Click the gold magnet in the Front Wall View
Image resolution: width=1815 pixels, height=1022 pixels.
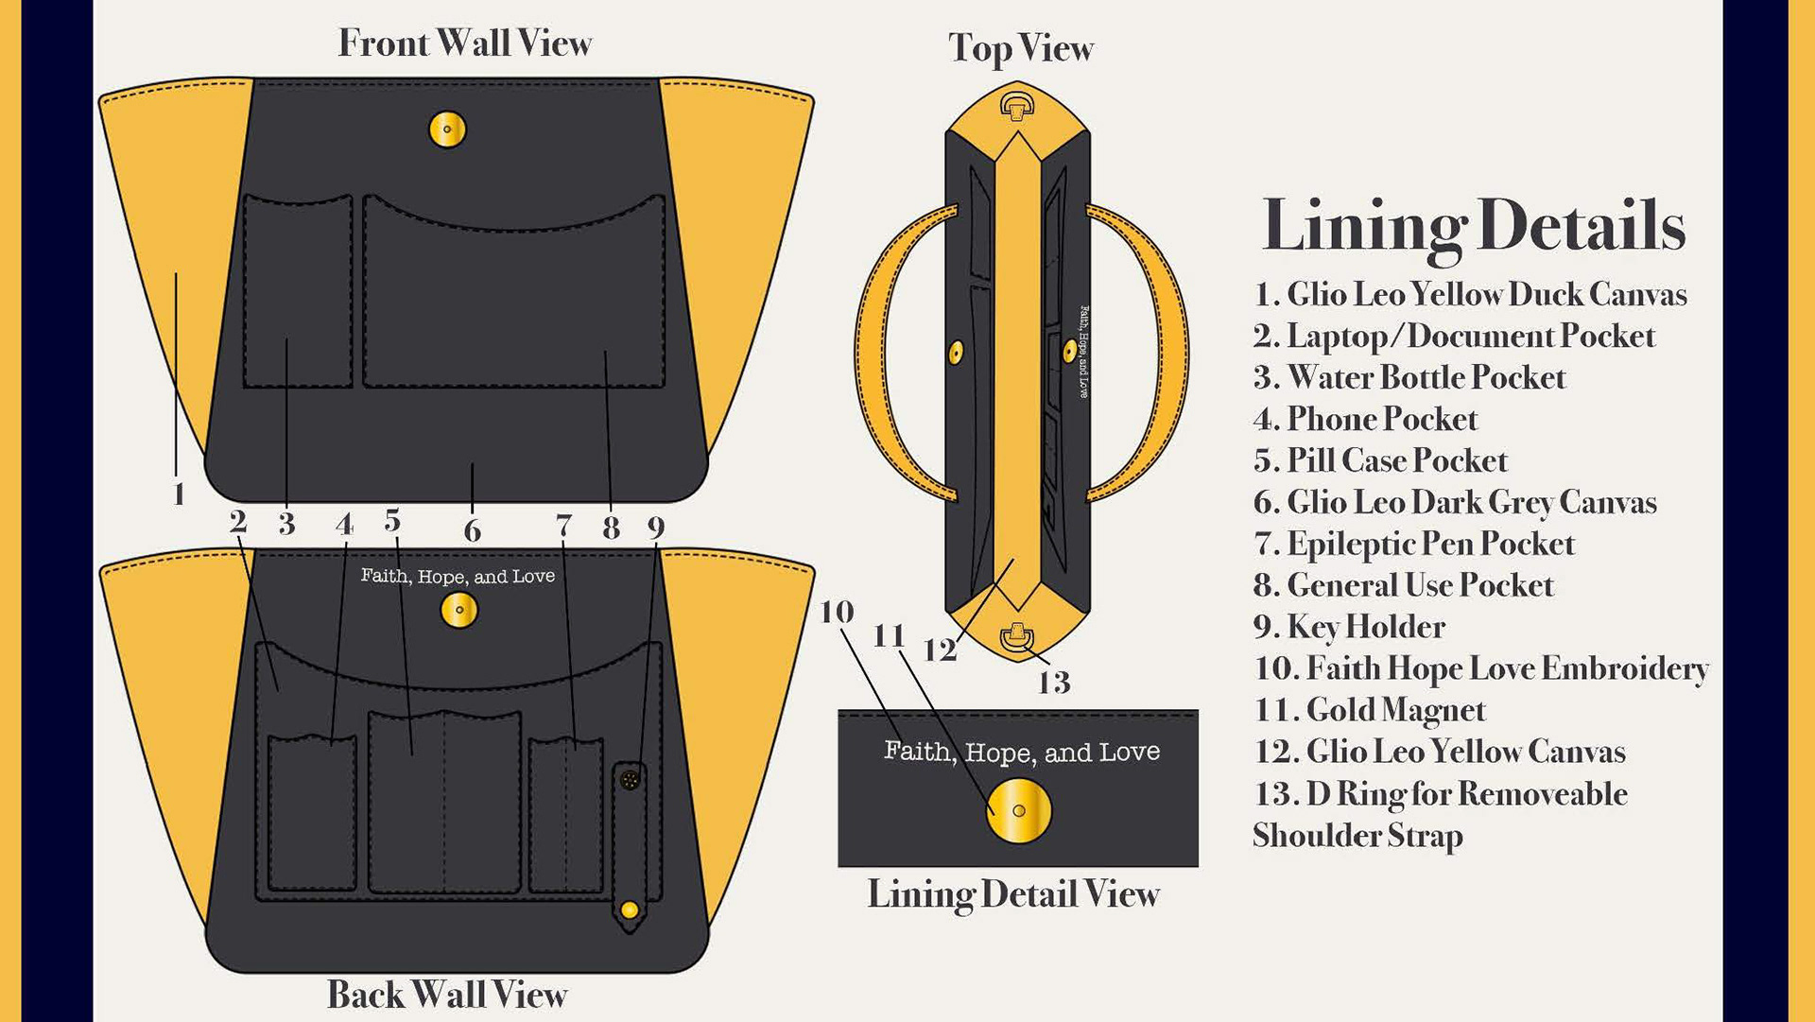[447, 130]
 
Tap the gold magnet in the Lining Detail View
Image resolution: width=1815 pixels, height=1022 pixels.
[1018, 810]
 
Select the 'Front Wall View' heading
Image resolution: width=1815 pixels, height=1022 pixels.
[464, 43]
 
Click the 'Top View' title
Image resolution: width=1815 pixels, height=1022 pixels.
[1020, 48]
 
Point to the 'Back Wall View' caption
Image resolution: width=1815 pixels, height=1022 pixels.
[446, 995]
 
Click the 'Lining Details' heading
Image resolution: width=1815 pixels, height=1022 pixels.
[1473, 227]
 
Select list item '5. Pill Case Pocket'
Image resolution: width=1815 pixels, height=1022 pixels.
[1379, 460]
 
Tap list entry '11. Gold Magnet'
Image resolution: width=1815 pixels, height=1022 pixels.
[1369, 710]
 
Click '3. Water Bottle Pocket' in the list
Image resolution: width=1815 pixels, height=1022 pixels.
[1409, 377]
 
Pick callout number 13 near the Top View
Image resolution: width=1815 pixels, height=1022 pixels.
[1053, 682]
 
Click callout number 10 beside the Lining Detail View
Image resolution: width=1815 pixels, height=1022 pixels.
[837, 613]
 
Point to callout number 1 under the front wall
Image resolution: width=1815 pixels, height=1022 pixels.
[179, 494]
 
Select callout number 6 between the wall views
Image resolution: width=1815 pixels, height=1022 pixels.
[472, 531]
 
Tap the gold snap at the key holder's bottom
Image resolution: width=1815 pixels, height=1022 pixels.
[630, 910]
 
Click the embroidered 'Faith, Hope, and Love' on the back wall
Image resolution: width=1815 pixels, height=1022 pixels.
[458, 576]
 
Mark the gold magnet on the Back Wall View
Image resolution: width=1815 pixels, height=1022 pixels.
[459, 610]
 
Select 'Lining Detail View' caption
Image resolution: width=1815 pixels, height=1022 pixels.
[1012, 894]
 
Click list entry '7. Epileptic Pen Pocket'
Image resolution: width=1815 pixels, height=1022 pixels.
[1413, 544]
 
